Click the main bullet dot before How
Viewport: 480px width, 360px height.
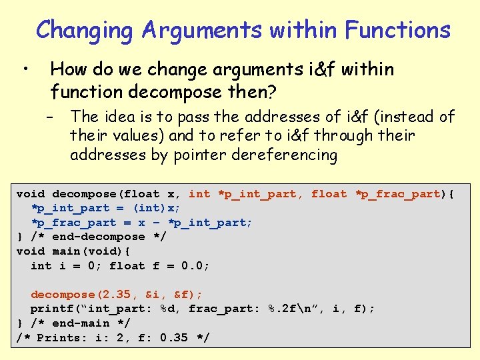click(x=23, y=69)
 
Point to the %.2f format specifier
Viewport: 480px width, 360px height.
click(x=283, y=309)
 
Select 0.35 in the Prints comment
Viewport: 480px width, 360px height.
click(x=175, y=338)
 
